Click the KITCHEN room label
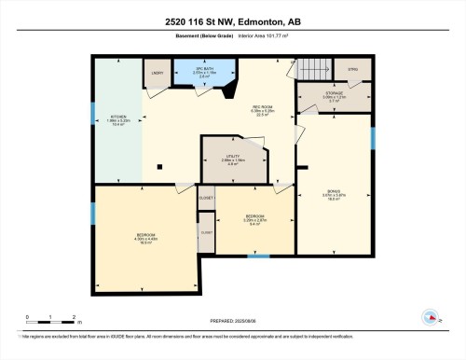tap(116, 118)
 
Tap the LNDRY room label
tap(158, 72)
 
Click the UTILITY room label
tap(232, 159)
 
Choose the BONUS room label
tap(333, 194)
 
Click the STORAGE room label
tap(333, 96)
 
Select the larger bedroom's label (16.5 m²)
tap(145, 236)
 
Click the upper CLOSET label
tap(206, 198)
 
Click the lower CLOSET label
tap(206, 232)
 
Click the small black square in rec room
tap(160, 168)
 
